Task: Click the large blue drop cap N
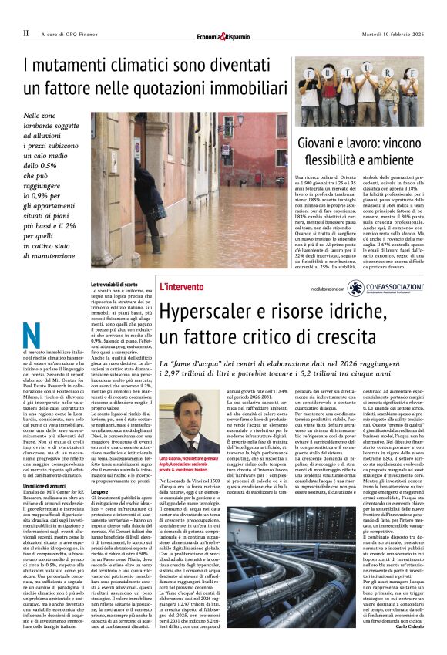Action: (x=32, y=336)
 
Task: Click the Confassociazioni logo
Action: (x=386, y=289)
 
